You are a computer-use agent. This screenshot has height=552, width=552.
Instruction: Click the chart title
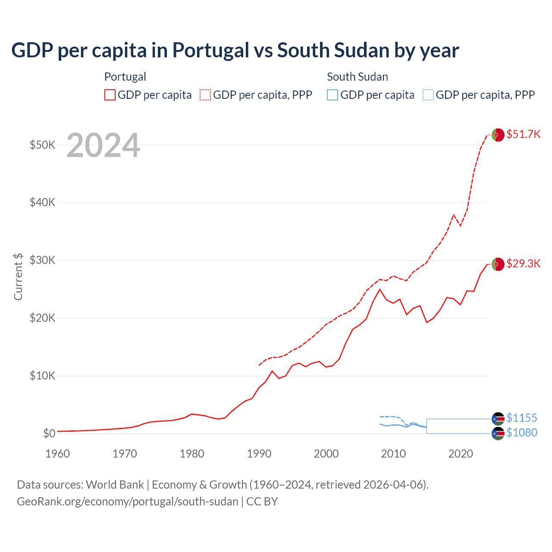tap(235, 50)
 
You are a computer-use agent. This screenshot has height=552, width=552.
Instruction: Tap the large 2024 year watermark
tap(103, 145)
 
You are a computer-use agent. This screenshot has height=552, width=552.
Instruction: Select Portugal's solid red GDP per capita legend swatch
tap(110, 95)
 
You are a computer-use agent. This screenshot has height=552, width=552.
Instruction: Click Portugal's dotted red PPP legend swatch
tap(205, 95)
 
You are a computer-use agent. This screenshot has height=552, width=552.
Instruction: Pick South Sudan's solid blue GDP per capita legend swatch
tap(332, 95)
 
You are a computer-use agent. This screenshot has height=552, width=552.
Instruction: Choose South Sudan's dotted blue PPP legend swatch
tap(428, 95)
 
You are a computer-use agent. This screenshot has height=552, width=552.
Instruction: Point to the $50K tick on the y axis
tap(42, 145)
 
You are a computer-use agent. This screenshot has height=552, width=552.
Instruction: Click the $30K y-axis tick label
tap(42, 260)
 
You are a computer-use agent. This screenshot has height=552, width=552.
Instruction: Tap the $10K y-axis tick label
tap(42, 376)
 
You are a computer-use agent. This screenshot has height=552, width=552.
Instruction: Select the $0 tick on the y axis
tap(49, 433)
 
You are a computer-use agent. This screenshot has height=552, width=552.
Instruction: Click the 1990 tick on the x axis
tap(259, 454)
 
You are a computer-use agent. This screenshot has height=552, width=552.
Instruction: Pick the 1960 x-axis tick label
tap(57, 454)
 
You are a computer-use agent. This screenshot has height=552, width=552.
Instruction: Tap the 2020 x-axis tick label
tap(461, 454)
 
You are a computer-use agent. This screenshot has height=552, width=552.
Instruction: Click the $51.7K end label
tap(523, 134)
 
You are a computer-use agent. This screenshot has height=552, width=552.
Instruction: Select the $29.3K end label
tap(523, 263)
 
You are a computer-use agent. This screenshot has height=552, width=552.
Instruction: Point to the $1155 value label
tap(522, 418)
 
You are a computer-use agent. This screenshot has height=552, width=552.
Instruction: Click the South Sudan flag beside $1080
tap(498, 433)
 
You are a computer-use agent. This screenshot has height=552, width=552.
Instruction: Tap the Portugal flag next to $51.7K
tap(498, 135)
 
